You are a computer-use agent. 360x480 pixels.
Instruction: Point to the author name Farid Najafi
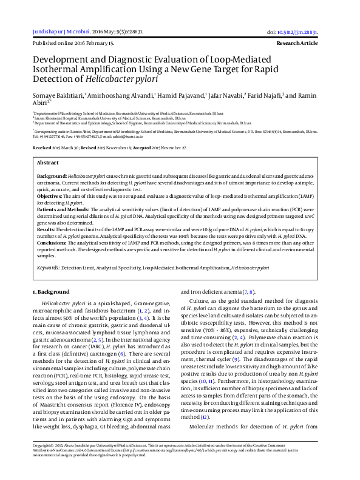[x=265, y=95]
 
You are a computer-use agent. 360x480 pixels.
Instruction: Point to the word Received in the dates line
[x=42, y=130]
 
